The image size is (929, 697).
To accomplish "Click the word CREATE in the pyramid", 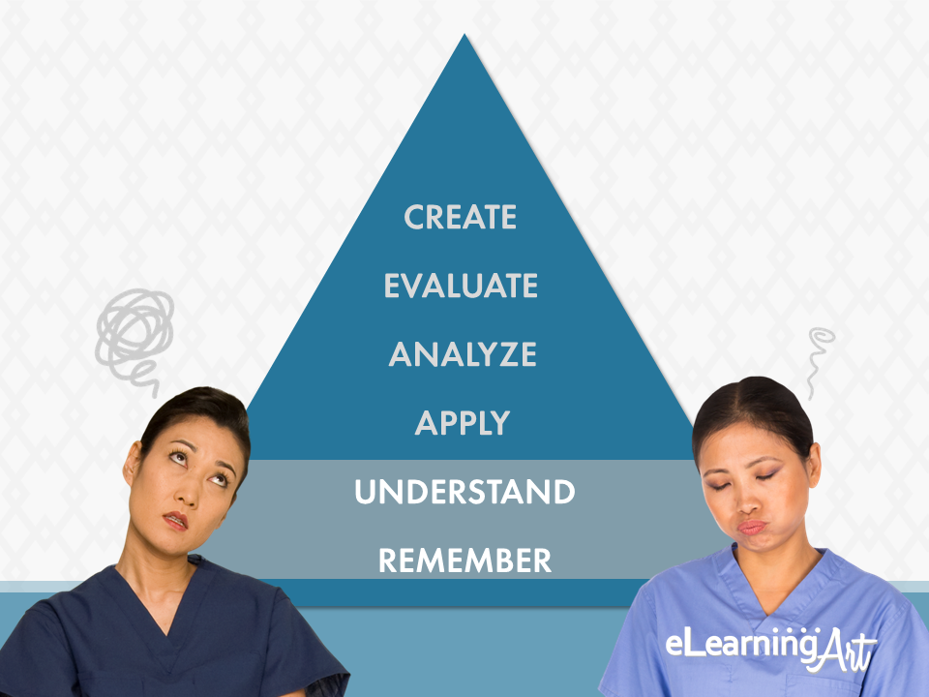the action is (x=461, y=217).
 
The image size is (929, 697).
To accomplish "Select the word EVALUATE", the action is (x=461, y=286).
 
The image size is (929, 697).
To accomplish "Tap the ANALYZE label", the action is (x=463, y=354).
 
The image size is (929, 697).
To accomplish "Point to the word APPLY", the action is (x=463, y=423).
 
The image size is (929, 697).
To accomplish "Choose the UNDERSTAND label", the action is (x=465, y=492).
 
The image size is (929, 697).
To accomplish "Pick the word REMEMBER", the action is (x=465, y=561).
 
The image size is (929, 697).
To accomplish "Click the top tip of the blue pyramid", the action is (x=464, y=35).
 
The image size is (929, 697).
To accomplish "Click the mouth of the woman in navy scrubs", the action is (x=176, y=520).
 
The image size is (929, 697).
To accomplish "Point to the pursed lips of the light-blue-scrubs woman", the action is (x=751, y=527).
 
